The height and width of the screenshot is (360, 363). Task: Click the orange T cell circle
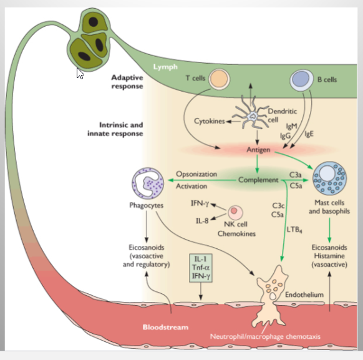pos(220,79)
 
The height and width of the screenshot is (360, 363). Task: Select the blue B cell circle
pos(301,80)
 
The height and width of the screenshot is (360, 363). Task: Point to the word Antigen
pos(258,150)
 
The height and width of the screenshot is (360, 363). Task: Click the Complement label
pos(258,180)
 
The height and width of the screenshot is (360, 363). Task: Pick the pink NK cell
pos(235,212)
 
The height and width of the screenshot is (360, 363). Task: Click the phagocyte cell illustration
pos(148,183)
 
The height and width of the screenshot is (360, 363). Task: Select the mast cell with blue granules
pos(329,178)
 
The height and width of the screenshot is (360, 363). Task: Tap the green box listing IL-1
pos(201,268)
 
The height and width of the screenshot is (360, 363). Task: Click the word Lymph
pos(165,67)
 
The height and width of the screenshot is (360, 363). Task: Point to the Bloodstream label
pos(165,327)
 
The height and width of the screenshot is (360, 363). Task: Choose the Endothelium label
pos(304,294)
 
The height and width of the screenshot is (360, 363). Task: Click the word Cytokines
pos(210,121)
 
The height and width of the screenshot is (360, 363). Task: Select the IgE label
pos(309,134)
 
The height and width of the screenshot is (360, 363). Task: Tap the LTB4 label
pos(294,230)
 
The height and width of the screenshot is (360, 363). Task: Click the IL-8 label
pos(202,221)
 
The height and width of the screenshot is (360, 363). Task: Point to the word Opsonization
pos(196,174)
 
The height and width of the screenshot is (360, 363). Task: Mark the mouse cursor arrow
pos(80,74)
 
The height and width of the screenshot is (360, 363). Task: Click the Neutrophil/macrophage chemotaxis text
pos(265,336)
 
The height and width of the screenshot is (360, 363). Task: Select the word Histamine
pos(329,256)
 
